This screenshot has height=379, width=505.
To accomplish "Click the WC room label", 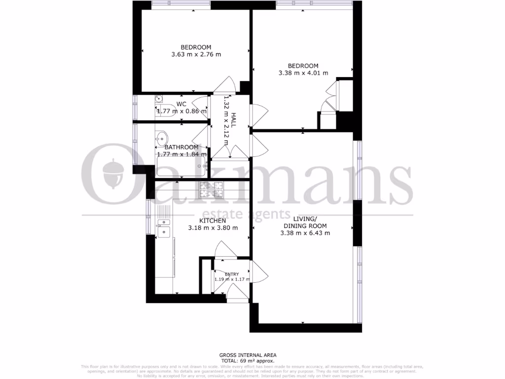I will point(181,104).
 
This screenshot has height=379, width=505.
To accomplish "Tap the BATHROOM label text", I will point(181,147).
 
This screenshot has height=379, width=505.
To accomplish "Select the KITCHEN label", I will point(213,221).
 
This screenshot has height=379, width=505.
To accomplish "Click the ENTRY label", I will point(232,274).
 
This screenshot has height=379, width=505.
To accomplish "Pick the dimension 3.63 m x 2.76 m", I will point(196,54).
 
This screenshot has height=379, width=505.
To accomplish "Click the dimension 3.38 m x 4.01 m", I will point(303,73).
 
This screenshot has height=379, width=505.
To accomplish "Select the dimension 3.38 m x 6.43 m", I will point(305,233).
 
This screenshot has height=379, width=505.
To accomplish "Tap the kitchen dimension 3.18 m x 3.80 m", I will point(213,228).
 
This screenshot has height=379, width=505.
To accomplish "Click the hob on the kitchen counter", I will point(212,189).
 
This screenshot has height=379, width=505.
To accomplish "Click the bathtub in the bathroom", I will point(180,168).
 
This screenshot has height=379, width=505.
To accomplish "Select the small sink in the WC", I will point(159,99).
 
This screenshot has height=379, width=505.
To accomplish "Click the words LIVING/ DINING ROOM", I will point(304,222).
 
